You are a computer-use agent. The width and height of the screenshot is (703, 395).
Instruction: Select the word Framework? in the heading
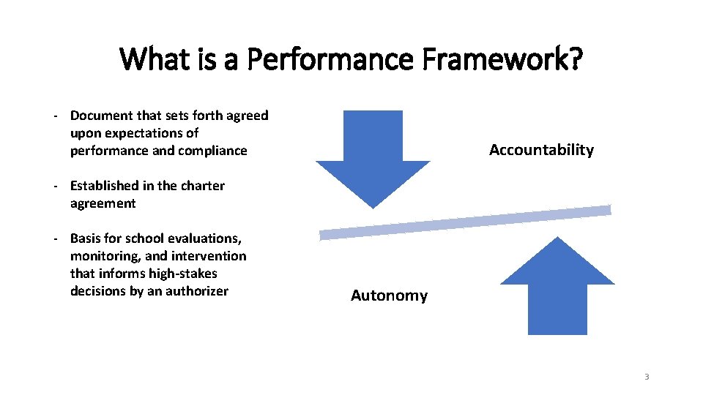[x=499, y=59]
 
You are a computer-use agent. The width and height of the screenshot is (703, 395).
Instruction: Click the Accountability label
[x=541, y=150]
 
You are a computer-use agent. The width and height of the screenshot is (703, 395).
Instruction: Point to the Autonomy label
[x=389, y=296]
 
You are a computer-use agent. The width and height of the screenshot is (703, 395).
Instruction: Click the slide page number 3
[x=647, y=377]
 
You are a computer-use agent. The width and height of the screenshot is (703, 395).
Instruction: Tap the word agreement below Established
[x=103, y=203]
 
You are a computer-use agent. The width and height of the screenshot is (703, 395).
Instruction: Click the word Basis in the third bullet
[x=86, y=238]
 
